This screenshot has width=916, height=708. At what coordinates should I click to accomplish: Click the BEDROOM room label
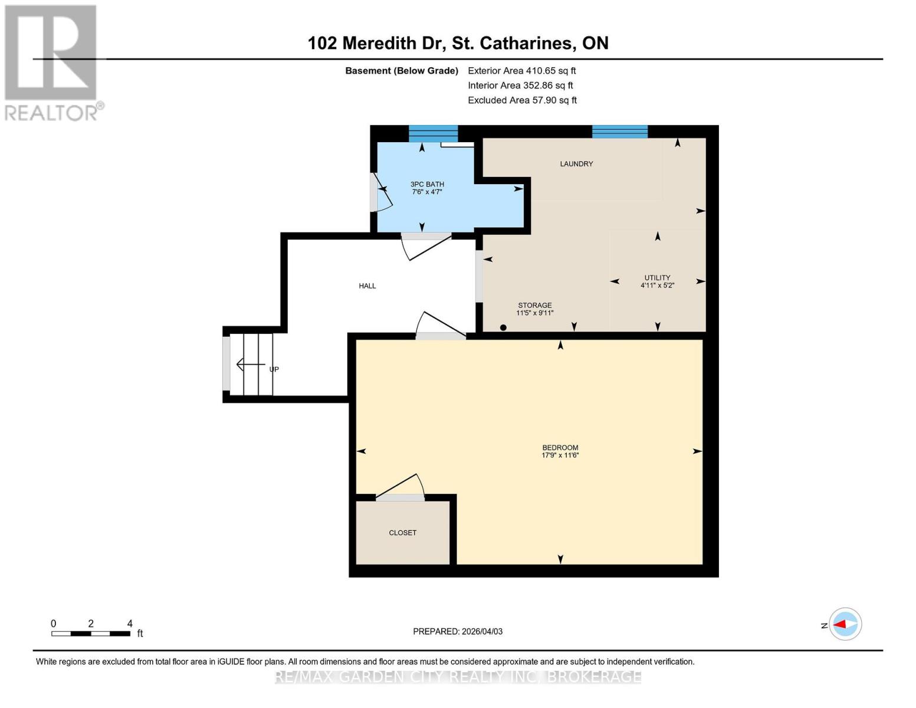click(x=560, y=447)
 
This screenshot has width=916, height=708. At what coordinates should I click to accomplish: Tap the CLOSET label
click(x=402, y=533)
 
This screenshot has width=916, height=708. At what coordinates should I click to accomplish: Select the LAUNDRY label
click(x=576, y=164)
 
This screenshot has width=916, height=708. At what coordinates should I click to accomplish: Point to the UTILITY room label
click(x=657, y=277)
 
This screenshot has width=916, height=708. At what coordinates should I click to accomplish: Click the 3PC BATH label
click(x=427, y=184)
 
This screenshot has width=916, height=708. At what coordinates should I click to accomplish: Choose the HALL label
click(x=367, y=286)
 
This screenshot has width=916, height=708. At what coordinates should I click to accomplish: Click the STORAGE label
click(x=534, y=305)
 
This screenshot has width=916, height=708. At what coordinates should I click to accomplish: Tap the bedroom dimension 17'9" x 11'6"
click(x=560, y=455)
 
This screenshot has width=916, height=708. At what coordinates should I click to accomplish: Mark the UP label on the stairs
click(x=274, y=369)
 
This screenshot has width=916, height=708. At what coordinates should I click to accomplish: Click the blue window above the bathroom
click(x=433, y=133)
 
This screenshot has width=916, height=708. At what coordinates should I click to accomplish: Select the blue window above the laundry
click(x=619, y=132)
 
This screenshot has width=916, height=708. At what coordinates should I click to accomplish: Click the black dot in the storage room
click(x=503, y=327)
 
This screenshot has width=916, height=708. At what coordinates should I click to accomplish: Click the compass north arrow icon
click(x=845, y=624)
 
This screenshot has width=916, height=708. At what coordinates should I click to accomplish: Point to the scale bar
click(x=91, y=634)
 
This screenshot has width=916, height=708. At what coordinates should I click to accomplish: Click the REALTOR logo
click(x=52, y=62)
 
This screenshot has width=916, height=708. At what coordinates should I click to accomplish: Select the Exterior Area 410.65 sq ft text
click(x=521, y=71)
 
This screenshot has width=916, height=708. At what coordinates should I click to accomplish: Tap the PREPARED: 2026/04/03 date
click(x=458, y=631)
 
